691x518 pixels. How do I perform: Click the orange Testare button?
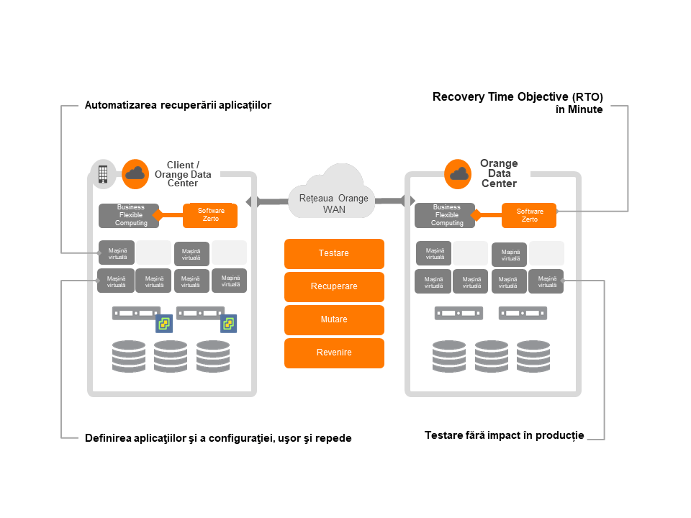(334, 254)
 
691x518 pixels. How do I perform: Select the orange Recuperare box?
(334, 287)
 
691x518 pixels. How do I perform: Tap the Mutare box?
(334, 319)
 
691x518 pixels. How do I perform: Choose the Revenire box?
(334, 353)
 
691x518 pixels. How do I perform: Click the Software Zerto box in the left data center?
(210, 215)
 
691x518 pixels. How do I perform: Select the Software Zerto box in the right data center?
(529, 215)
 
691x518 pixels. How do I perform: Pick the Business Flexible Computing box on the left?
(129, 215)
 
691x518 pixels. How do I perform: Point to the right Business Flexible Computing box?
(445, 215)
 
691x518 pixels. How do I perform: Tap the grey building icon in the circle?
(103, 174)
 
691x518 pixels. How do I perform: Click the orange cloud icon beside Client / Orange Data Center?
(135, 174)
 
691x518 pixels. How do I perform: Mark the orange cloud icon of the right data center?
(458, 174)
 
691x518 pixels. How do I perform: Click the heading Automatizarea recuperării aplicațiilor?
(178, 105)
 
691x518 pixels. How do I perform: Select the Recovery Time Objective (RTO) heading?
(518, 97)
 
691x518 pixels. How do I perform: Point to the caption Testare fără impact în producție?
(504, 436)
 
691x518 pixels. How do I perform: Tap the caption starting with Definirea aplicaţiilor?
(218, 438)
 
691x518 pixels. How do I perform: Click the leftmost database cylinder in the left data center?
(129, 356)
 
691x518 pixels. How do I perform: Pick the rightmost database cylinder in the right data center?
(533, 356)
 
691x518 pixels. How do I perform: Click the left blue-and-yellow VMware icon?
(164, 324)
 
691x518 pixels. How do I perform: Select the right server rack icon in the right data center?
(523, 313)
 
